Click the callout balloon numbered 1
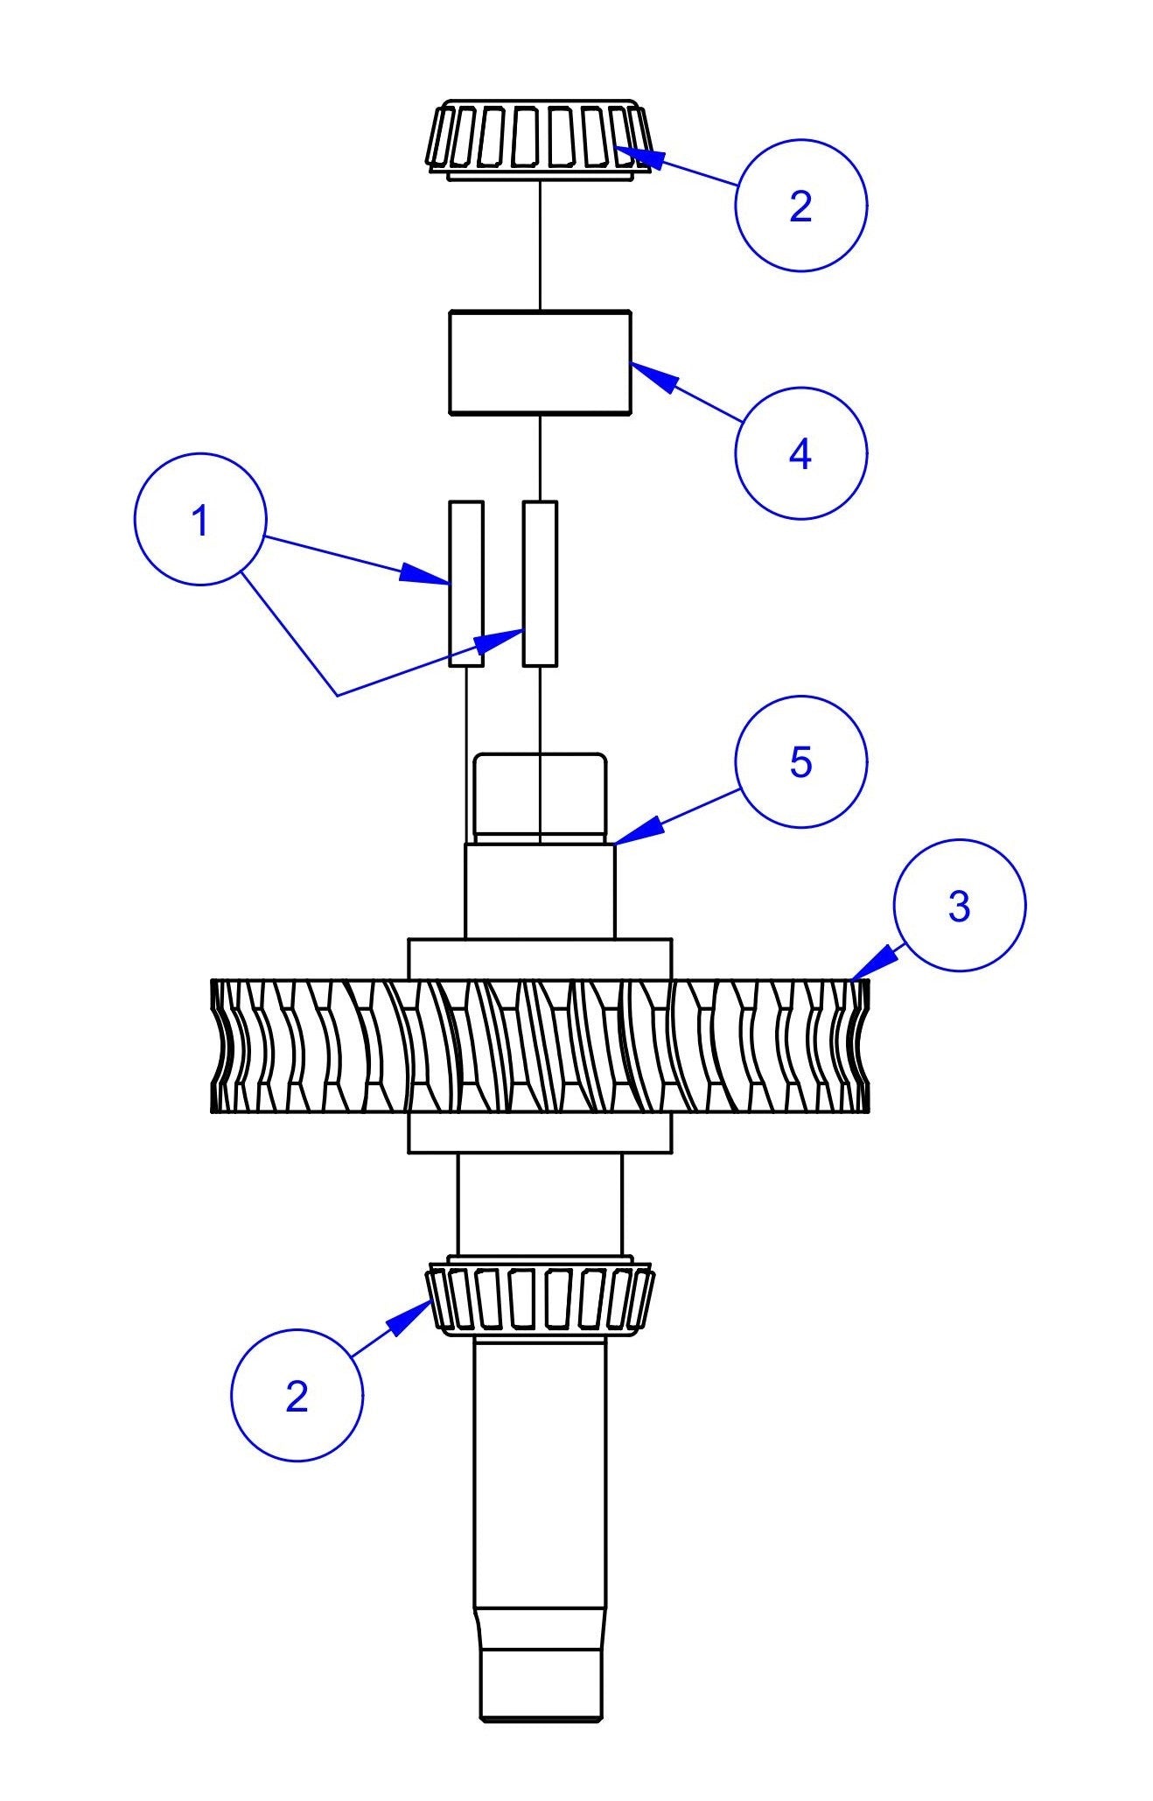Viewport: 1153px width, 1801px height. (x=199, y=519)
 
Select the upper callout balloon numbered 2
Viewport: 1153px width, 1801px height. (x=800, y=206)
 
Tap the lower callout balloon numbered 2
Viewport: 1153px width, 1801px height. (x=297, y=1395)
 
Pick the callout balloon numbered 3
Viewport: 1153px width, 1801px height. (x=959, y=906)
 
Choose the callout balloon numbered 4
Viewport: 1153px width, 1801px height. (x=800, y=453)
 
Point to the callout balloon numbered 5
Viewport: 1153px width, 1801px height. (x=800, y=762)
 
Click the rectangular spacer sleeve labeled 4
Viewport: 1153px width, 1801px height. (x=540, y=361)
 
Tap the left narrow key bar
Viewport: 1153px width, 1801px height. (x=465, y=583)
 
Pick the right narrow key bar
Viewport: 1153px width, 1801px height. (x=540, y=583)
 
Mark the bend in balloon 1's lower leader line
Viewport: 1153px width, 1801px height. (x=338, y=696)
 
